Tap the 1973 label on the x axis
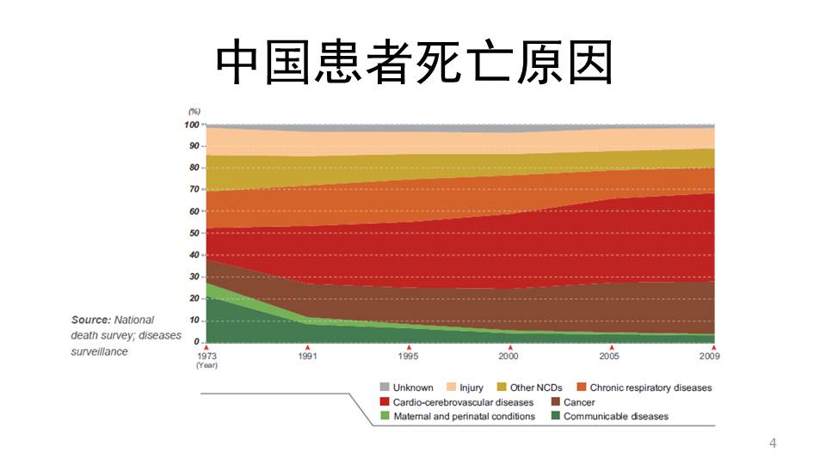point(207,355)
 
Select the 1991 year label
point(307,355)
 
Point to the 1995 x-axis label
point(409,355)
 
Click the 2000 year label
point(509,355)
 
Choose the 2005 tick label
point(609,355)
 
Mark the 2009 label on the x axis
point(710,355)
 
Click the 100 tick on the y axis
point(192,125)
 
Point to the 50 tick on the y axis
point(194,233)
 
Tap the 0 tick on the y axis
point(197,342)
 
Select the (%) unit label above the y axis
point(194,112)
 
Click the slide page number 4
point(773,443)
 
